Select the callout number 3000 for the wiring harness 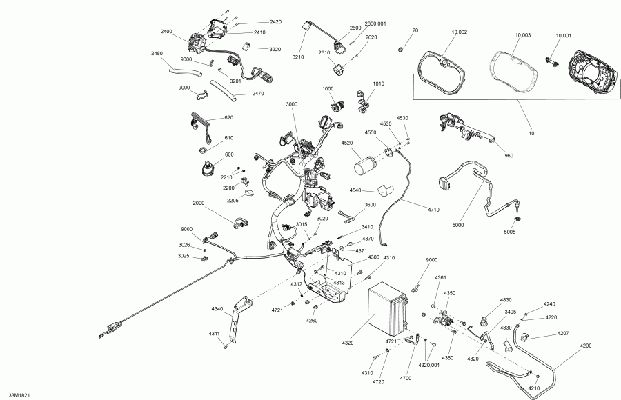click(291, 104)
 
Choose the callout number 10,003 click(522, 34)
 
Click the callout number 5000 click(458, 226)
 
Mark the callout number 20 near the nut click(415, 30)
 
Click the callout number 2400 click(167, 32)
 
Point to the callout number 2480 click(157, 53)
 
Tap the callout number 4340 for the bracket click(217, 308)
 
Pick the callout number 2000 click(199, 203)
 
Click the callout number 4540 click(356, 190)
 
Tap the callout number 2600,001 click(375, 23)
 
